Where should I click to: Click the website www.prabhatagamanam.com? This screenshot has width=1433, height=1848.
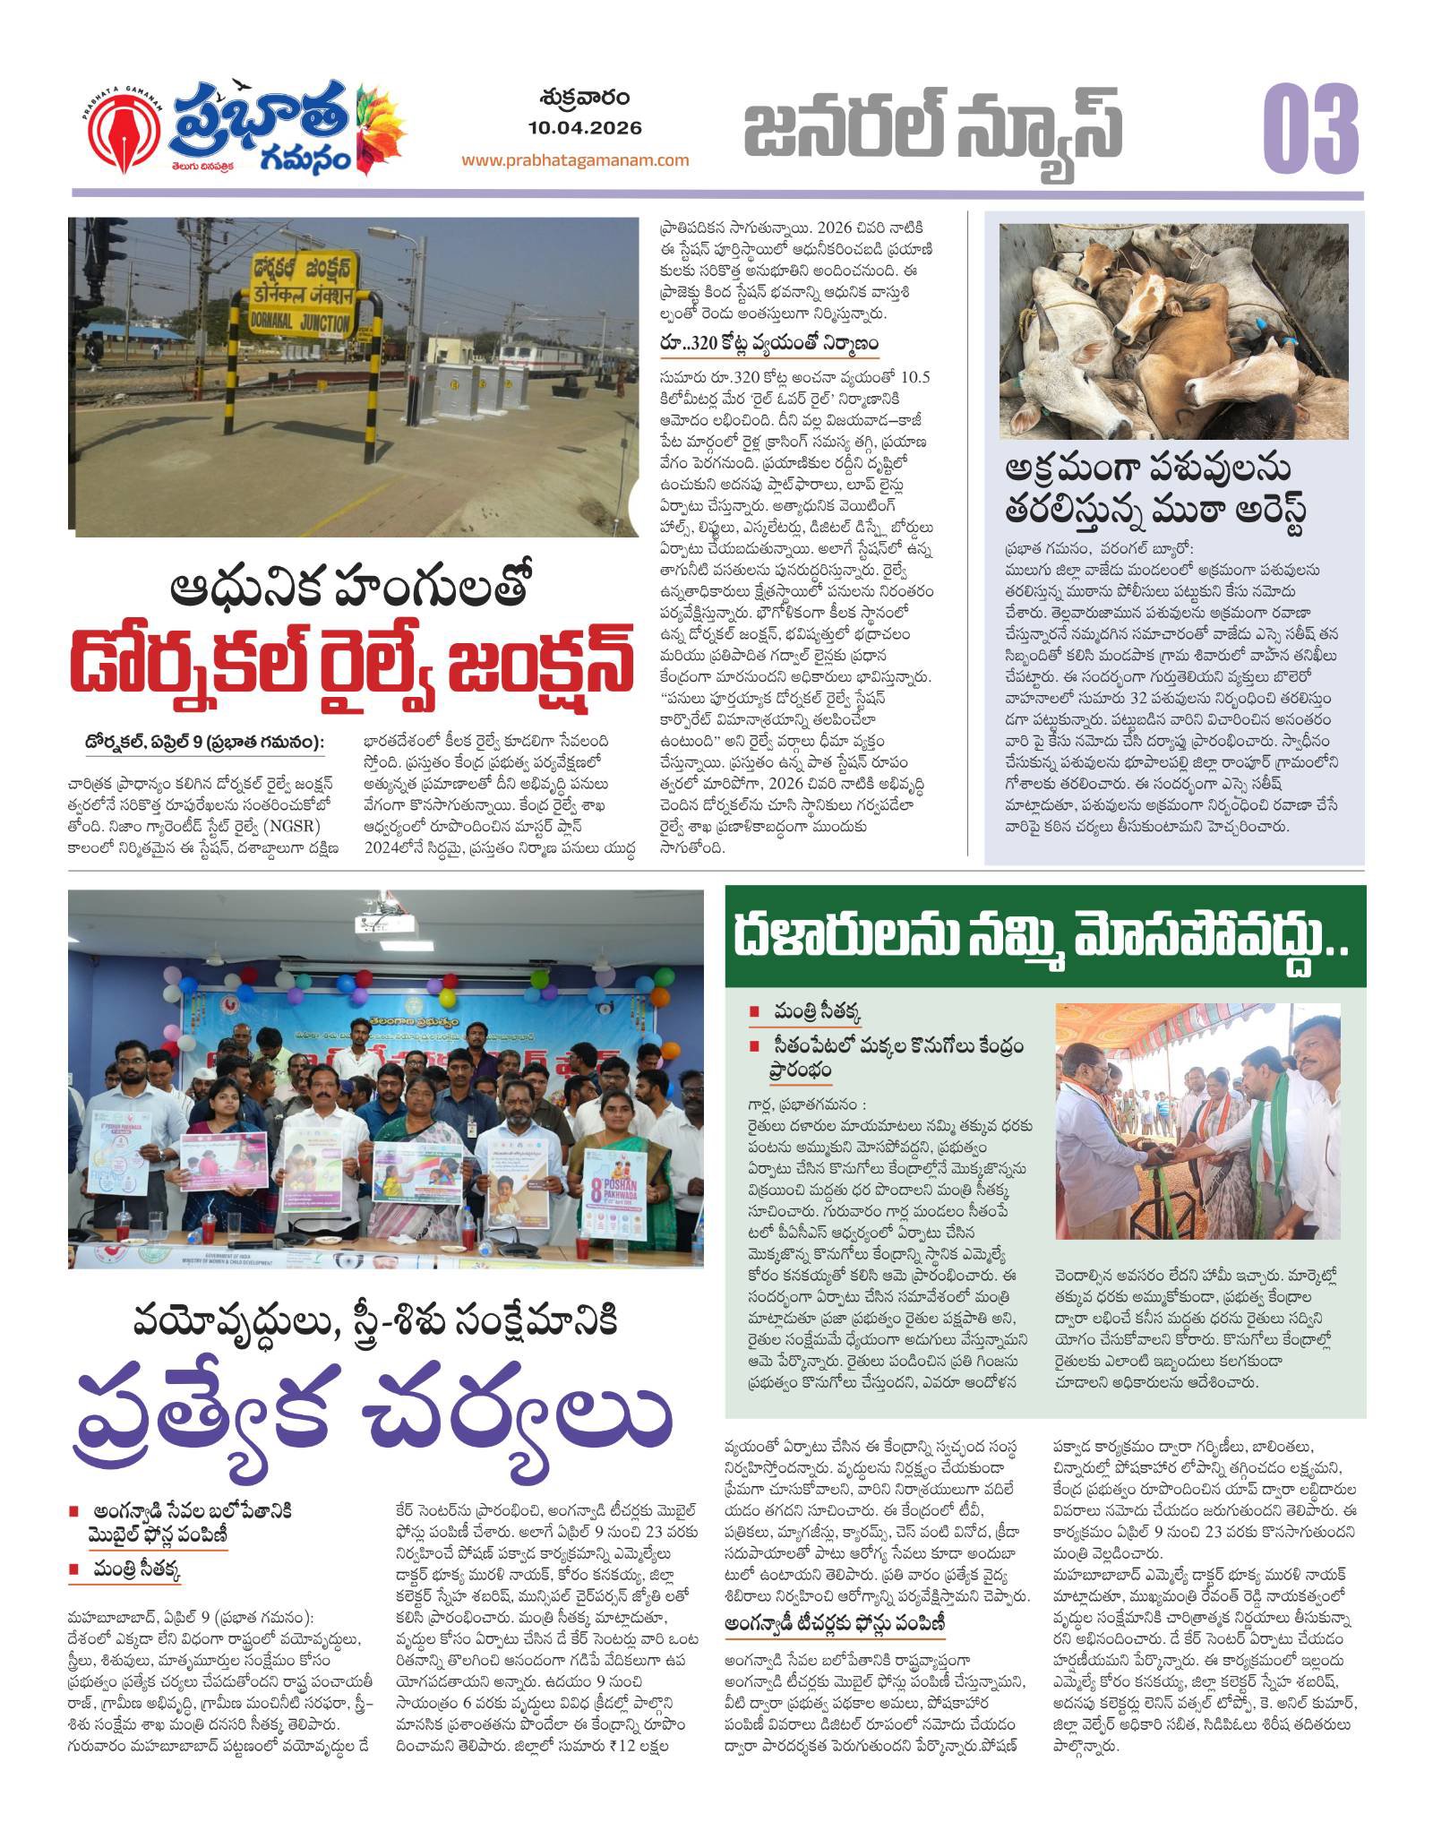576,160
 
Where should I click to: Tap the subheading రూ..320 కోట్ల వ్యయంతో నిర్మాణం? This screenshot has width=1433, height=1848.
766,344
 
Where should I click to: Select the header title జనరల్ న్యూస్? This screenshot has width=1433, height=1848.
933,127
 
